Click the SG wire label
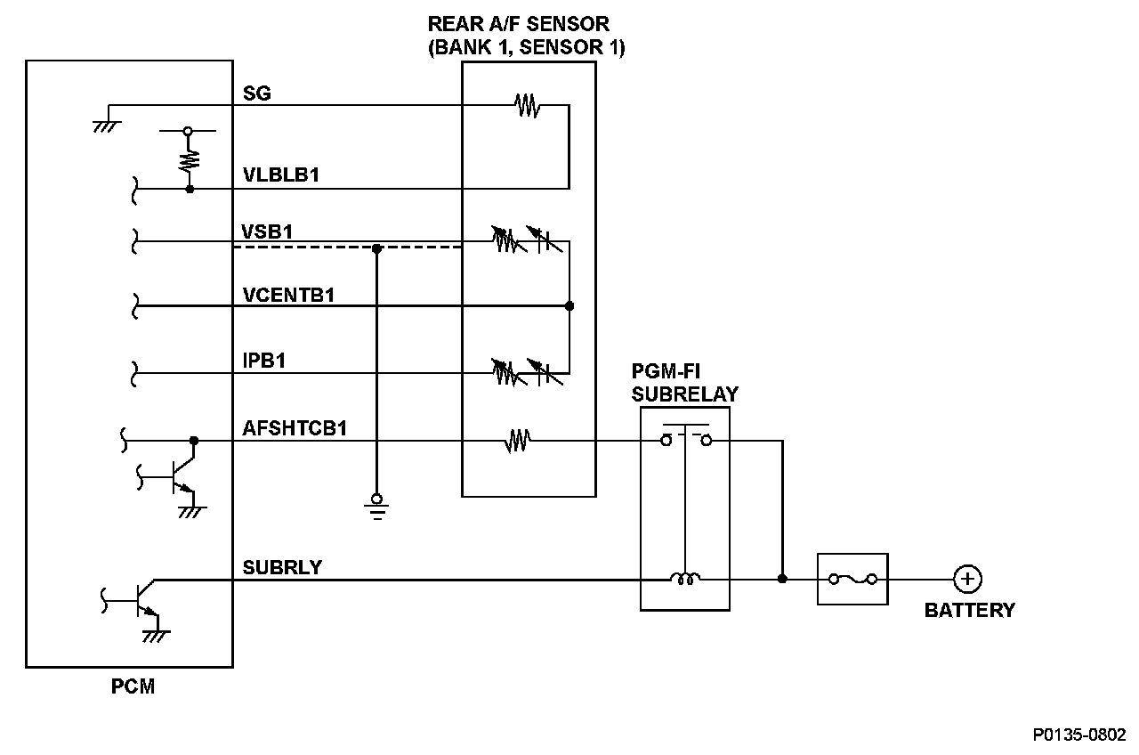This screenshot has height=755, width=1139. tap(256, 93)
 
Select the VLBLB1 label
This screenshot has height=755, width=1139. tap(281, 175)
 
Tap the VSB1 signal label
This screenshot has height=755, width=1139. tap(267, 231)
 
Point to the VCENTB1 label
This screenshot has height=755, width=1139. tap(288, 295)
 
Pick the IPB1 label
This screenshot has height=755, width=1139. tap(263, 361)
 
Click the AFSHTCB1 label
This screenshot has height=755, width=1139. tap(295, 428)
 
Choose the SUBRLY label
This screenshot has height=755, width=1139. tap(282, 567)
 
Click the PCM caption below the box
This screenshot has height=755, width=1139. tap(133, 687)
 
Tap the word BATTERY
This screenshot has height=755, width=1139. tap(969, 611)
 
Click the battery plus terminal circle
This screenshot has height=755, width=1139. tap(966, 579)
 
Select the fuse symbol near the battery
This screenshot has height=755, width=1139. tap(852, 579)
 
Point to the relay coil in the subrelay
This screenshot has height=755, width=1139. tap(685, 580)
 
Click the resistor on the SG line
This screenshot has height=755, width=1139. tap(527, 106)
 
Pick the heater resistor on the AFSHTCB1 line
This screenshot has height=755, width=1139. tap(518, 440)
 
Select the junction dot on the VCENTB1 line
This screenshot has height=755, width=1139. tap(569, 306)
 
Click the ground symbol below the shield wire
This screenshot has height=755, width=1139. tap(376, 504)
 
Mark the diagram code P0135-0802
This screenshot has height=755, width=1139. tap(1078, 735)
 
